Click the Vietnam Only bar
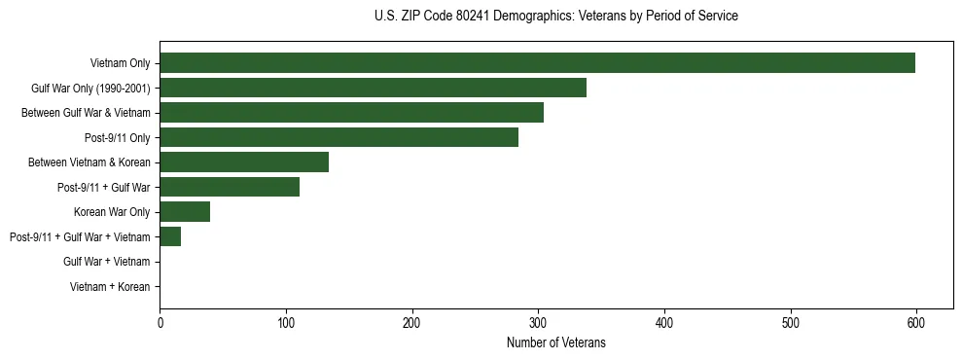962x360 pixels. pyautogui.click(x=537, y=63)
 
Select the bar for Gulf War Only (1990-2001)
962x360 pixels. pyautogui.click(x=373, y=88)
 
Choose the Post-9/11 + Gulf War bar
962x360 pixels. pyautogui.click(x=230, y=187)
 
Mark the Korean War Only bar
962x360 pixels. pyautogui.click(x=185, y=212)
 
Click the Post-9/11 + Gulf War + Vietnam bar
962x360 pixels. pyautogui.click(x=170, y=236)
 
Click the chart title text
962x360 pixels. pyautogui.click(x=555, y=17)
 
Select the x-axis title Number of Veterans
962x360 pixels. pyautogui.click(x=555, y=342)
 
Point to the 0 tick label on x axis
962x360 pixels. pyautogui.click(x=160, y=323)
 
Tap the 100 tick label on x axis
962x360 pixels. pyautogui.click(x=286, y=323)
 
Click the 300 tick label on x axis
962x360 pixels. pyautogui.click(x=538, y=323)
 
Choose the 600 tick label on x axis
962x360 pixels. pyautogui.click(x=915, y=323)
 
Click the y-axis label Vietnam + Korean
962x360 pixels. pyautogui.click(x=110, y=287)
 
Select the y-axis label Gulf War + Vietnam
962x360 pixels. pyautogui.click(x=106, y=262)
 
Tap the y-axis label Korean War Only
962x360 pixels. pyautogui.click(x=112, y=212)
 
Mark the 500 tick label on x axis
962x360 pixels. pyautogui.click(x=790, y=323)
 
